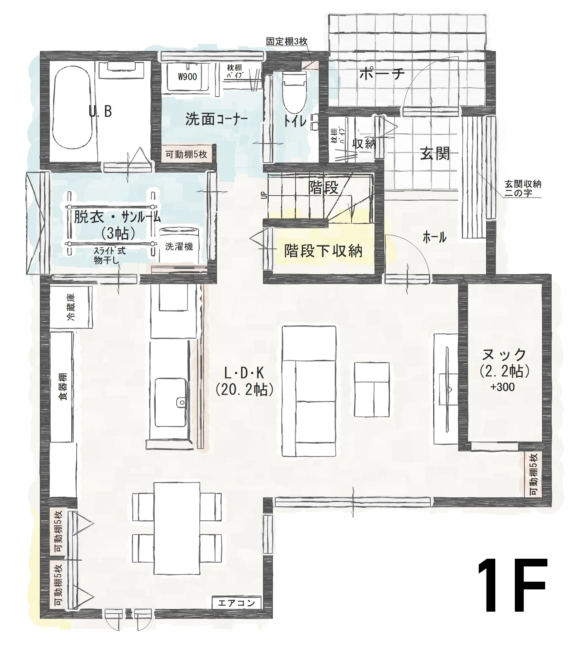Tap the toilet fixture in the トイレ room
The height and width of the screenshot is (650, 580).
pos(295,92)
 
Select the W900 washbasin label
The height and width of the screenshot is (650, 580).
pos(187,77)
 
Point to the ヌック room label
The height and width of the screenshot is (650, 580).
pos(504,355)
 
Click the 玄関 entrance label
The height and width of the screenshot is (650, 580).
pos(435,154)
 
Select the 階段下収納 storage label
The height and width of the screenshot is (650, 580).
pos(323,251)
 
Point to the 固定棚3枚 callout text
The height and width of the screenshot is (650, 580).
pos(287,41)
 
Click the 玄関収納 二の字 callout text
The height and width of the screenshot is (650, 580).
pos(522,189)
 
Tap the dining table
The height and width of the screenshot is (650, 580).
pos(177,528)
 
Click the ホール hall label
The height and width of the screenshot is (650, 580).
pos(434,237)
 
